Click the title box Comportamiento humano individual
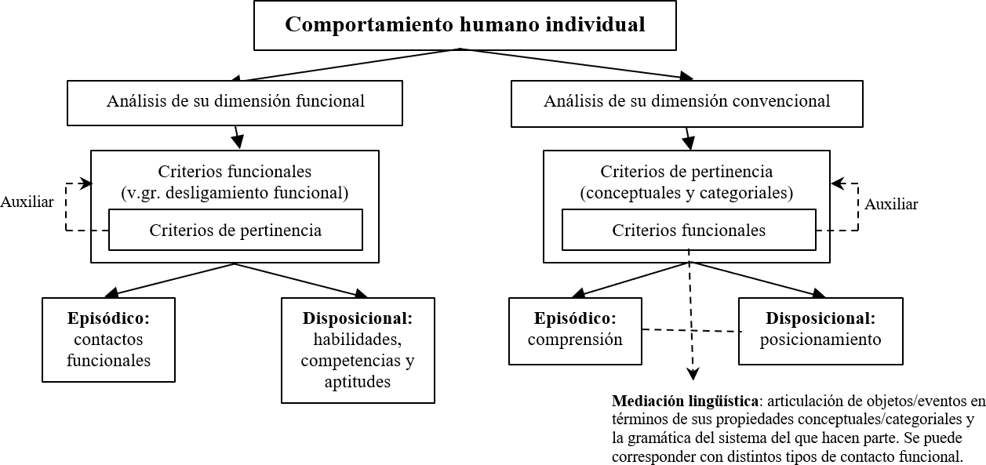[x=465, y=25]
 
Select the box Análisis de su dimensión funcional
[x=235, y=103]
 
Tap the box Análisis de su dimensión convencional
[x=686, y=104]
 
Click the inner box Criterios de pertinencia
[x=235, y=230]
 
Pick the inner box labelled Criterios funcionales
[x=689, y=230]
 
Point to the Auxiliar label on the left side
[x=27, y=202]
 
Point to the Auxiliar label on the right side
[x=891, y=204]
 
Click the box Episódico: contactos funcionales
[x=108, y=340]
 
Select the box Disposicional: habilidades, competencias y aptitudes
[x=358, y=351]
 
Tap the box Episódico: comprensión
[x=575, y=331]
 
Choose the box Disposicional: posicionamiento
[x=820, y=331]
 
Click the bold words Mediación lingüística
[x=686, y=401]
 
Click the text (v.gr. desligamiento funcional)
[x=235, y=193]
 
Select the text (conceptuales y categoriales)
[x=686, y=193]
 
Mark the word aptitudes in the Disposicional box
[x=358, y=382]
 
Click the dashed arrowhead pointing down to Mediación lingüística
[x=693, y=374]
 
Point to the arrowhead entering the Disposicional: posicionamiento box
[x=819, y=293]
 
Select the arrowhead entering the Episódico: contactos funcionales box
[x=112, y=292]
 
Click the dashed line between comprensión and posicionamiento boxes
[x=690, y=330]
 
